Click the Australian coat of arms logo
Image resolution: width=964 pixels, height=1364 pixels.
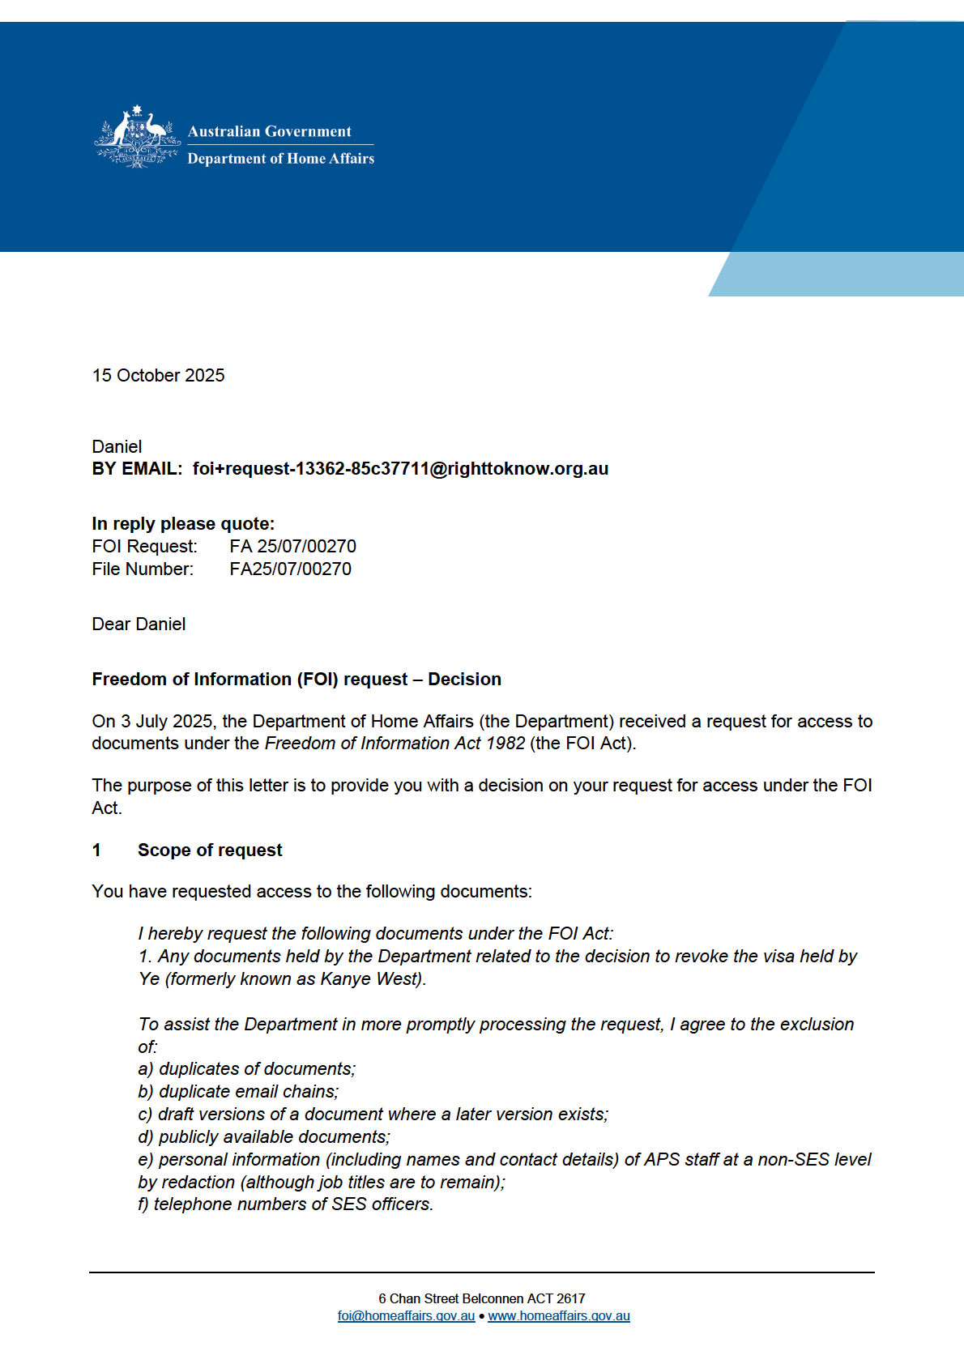click(x=137, y=137)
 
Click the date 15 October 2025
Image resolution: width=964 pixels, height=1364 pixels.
click(x=159, y=376)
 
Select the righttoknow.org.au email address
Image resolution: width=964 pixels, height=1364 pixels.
click(x=400, y=469)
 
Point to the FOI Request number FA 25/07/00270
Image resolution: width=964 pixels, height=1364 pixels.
click(x=292, y=547)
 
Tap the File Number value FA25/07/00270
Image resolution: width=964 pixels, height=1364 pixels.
click(x=290, y=569)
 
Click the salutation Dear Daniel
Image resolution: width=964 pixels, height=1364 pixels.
click(x=139, y=624)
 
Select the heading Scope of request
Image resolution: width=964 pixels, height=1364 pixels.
click(x=210, y=850)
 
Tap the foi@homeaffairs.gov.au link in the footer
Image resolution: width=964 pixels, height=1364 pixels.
click(x=406, y=1316)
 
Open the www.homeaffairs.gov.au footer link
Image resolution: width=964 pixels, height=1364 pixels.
click(x=559, y=1316)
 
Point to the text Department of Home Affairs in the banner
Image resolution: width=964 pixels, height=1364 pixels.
click(x=280, y=159)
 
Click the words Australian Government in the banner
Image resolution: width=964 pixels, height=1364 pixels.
click(x=270, y=131)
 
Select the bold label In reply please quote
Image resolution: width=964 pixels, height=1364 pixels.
click(x=183, y=524)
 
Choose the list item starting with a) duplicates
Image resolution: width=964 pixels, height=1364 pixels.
click(x=247, y=1069)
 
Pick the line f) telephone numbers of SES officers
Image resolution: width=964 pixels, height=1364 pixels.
click(x=286, y=1204)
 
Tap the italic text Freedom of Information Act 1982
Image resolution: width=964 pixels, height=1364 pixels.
click(x=395, y=744)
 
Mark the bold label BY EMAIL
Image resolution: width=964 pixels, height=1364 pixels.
click(x=137, y=469)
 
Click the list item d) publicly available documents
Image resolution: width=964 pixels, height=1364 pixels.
click(x=264, y=1137)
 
